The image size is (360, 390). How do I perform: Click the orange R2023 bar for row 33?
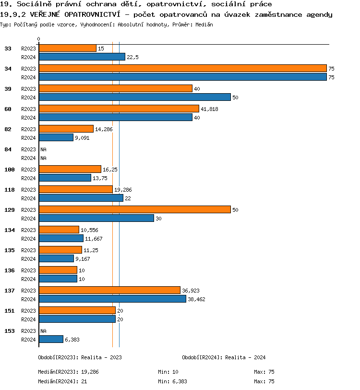pyautogui.click(x=67, y=49)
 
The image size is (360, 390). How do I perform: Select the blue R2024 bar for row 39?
pyautogui.click(x=134, y=97)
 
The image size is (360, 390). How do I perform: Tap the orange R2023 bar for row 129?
pyautogui.click(x=134, y=210)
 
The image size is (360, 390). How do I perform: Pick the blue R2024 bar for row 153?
pyautogui.click(x=51, y=339)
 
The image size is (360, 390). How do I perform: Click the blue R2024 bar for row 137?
pyautogui.click(x=112, y=299)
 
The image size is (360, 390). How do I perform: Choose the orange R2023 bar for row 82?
pyautogui.click(x=66, y=129)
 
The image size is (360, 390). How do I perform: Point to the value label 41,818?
pyautogui.click(x=209, y=109)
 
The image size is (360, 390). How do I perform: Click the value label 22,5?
pyautogui.click(x=132, y=57)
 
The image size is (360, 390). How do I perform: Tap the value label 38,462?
pyautogui.click(x=197, y=299)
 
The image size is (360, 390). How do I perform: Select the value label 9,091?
pyautogui.click(x=82, y=138)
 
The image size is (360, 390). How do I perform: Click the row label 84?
pyautogui.click(x=8, y=149)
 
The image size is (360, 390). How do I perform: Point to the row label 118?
pyautogui.click(x=10, y=190)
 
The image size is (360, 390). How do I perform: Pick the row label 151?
pyautogui.click(x=10, y=311)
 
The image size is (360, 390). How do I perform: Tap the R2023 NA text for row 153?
pyautogui.click(x=43, y=331)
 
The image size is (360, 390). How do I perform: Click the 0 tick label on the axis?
pyautogui.click(x=39, y=39)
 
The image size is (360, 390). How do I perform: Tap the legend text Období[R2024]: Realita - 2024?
pyautogui.click(x=224, y=357)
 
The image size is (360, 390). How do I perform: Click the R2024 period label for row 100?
pyautogui.click(x=28, y=178)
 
